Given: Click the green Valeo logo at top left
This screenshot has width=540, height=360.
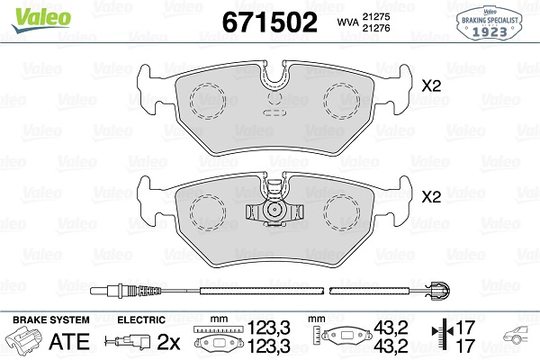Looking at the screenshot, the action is (41, 20).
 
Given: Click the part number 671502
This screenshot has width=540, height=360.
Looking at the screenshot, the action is (270, 22).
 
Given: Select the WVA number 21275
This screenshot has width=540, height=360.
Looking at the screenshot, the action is (375, 16).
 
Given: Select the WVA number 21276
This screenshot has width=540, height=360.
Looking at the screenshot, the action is (375, 28).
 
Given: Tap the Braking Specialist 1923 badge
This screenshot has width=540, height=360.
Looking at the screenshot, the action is (489, 23).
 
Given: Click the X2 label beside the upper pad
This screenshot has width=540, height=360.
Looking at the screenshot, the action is (431, 86).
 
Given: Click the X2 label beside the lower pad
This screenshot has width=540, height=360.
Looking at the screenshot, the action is (431, 197).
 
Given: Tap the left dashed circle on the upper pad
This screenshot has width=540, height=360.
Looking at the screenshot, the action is (208, 101).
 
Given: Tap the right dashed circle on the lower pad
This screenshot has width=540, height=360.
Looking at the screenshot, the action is (342, 211).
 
